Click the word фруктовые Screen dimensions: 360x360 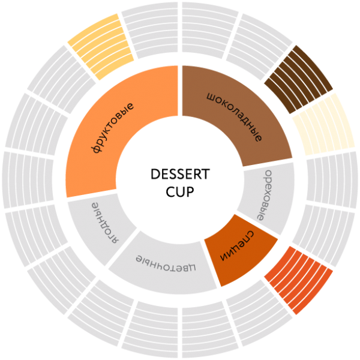[114, 128]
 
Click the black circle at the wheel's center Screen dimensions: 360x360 [180, 180]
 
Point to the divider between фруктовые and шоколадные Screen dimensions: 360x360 [180, 90]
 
